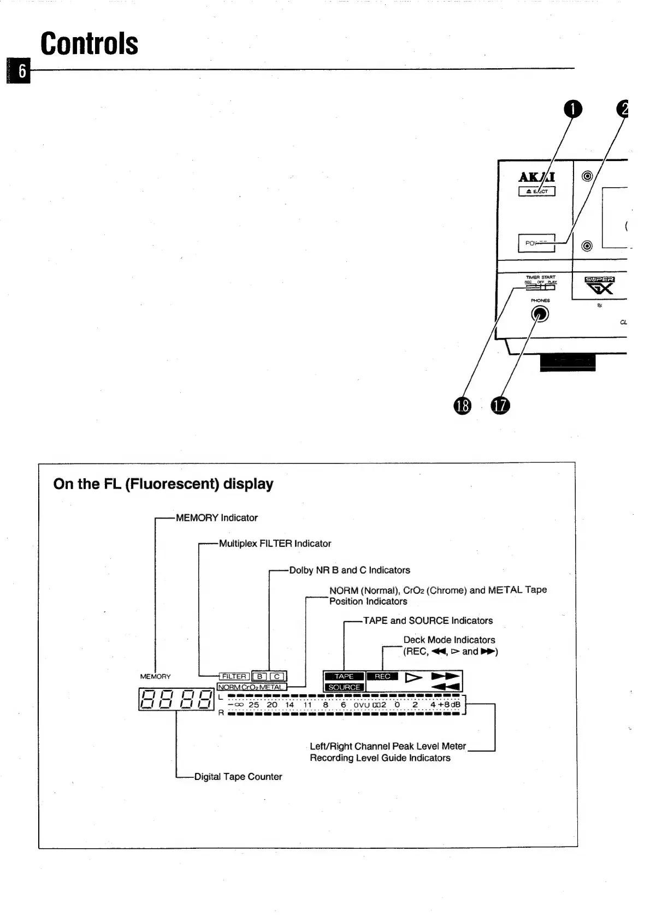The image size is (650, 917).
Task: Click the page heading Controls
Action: click(89, 44)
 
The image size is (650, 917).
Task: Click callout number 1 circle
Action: click(572, 109)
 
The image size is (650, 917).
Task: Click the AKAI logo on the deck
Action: click(536, 177)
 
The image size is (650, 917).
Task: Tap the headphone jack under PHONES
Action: click(540, 314)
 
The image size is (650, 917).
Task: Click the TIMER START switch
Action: click(540, 287)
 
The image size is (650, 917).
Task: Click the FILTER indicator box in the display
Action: click(234, 676)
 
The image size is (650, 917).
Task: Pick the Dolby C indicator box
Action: click(277, 676)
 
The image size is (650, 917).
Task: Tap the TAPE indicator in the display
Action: click(344, 676)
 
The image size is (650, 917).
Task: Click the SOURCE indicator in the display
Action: click(344, 687)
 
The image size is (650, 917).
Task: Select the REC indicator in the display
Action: click(382, 676)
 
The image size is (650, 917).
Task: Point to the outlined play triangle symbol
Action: click(413, 677)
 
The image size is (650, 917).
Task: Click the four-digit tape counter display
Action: click(176, 700)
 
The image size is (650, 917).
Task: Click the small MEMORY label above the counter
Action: click(156, 676)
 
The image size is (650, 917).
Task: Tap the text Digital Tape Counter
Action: click(238, 776)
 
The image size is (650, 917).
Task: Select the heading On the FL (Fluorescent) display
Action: click(163, 484)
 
